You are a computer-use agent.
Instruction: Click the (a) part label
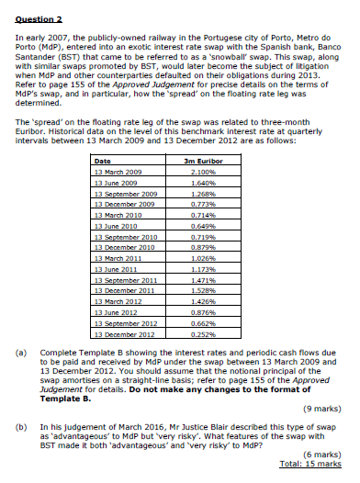(22, 353)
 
